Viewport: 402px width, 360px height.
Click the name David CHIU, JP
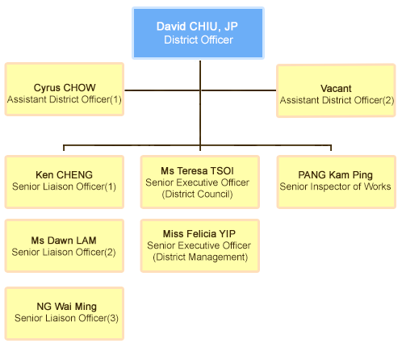(197, 27)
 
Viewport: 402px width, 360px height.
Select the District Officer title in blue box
(199, 40)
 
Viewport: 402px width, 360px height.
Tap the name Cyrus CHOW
(65, 88)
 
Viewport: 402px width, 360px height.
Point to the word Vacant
(336, 89)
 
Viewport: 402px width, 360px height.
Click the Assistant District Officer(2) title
(337, 100)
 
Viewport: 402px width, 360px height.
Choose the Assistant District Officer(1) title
(65, 99)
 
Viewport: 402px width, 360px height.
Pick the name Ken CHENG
(64, 175)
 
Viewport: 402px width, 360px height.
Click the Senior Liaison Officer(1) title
(64, 186)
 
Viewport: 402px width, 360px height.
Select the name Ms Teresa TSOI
(197, 171)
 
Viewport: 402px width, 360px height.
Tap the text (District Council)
(197, 194)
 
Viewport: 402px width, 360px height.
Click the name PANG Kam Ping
(335, 175)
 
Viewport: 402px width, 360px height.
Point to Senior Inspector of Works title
(335, 186)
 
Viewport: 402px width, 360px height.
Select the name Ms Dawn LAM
(64, 241)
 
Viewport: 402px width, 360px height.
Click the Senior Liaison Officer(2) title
(64, 252)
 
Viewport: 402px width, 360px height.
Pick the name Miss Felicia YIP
(199, 234)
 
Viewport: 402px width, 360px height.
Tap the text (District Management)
(200, 257)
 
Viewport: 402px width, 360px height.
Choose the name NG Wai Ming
(66, 307)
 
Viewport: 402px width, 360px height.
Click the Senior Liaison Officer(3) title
(66, 318)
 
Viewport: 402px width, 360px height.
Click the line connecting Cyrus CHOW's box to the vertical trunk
(162, 90)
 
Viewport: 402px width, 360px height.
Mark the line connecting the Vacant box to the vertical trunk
(238, 90)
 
